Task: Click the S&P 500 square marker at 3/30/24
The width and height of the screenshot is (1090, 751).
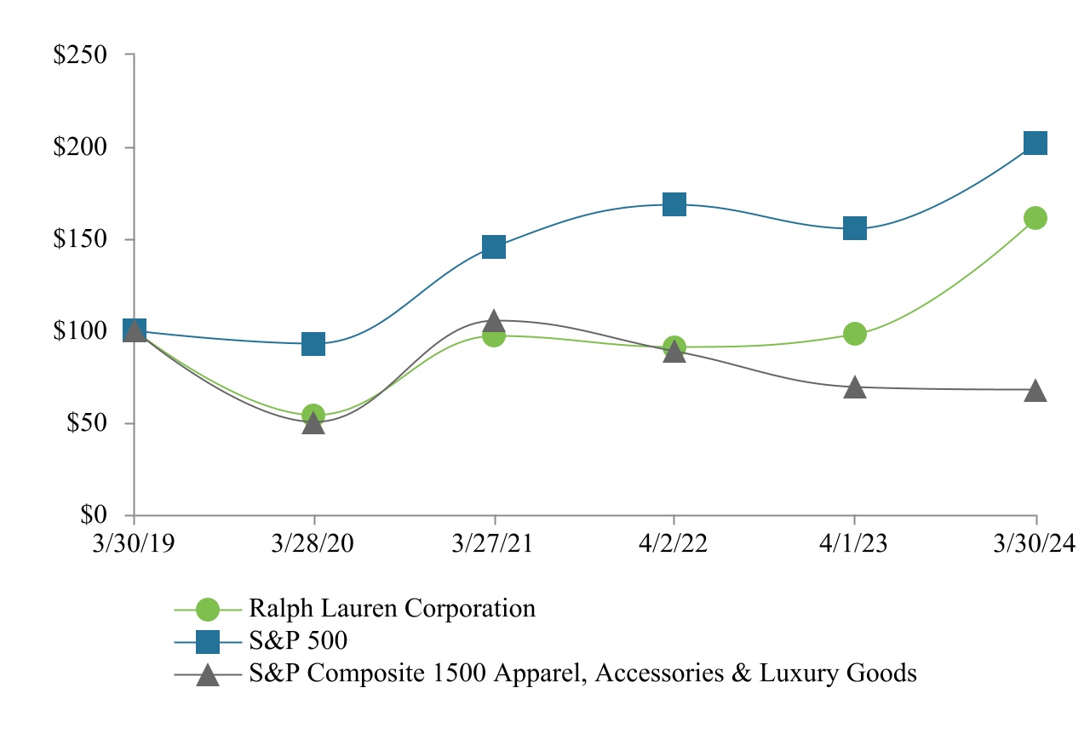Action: pos(1035,143)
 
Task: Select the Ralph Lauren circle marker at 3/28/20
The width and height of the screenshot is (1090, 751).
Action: pos(313,415)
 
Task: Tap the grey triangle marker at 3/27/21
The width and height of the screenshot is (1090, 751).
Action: pos(494,322)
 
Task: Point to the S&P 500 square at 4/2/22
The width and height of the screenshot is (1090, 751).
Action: pos(674,204)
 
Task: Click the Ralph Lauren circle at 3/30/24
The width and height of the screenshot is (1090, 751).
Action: pos(1035,218)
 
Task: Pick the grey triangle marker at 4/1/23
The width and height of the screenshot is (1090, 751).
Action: pos(855,388)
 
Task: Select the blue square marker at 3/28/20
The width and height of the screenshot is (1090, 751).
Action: pos(313,344)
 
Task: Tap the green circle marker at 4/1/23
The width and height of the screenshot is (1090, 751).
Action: pos(855,334)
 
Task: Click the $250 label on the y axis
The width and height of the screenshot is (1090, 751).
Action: pos(80,55)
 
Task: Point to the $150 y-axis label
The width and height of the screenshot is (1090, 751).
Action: pos(80,239)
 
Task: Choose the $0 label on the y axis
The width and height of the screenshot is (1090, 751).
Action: pos(95,515)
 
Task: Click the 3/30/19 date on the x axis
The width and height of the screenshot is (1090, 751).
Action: pos(134,543)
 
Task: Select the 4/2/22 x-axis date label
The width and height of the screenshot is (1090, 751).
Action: pos(674,543)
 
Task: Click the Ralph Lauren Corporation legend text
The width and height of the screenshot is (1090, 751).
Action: pos(392,609)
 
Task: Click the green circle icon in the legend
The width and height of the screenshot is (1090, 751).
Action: pos(207,610)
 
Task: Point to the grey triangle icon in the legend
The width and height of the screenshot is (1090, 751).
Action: pos(207,674)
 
